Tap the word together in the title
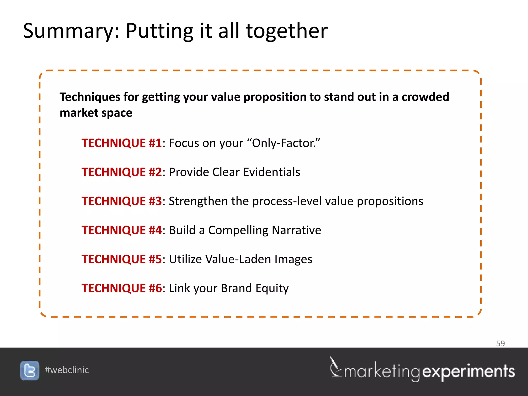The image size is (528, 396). click(x=287, y=31)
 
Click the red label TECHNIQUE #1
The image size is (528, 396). click(x=122, y=143)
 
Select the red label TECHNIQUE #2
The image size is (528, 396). click(x=122, y=172)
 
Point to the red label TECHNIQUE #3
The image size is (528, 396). click(x=122, y=201)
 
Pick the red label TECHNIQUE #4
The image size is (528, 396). click(x=122, y=230)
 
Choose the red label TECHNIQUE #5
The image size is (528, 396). click(x=122, y=259)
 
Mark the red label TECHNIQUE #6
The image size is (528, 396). click(x=122, y=288)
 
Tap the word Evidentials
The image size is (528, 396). click(x=271, y=172)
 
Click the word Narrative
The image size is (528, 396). click(x=296, y=230)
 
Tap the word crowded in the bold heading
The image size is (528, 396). click(x=425, y=97)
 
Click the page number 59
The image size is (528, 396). click(x=500, y=343)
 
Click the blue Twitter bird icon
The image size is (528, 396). click(x=30, y=370)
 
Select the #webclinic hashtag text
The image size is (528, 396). click(x=67, y=370)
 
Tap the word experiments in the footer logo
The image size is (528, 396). click(x=468, y=372)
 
